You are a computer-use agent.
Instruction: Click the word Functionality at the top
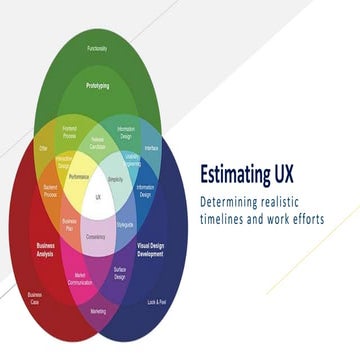point(97,48)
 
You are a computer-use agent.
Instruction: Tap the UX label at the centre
point(98,197)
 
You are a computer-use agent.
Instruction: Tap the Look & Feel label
point(157,300)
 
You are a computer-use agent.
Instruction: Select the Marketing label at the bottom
point(98,312)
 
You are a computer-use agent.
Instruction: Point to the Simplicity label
point(116,177)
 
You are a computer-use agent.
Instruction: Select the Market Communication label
point(80,278)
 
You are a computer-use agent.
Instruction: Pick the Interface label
point(151,147)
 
